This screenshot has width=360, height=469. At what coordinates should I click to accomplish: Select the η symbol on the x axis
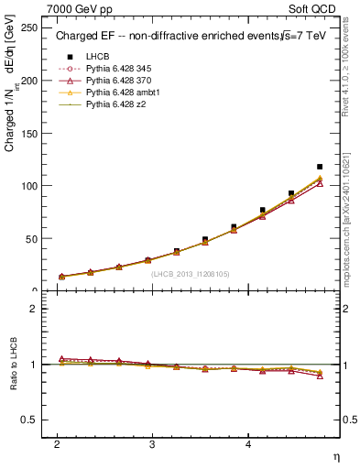pyautogui.click(x=335, y=456)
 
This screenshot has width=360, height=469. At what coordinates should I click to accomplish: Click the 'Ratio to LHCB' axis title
pyautogui.click(x=12, y=364)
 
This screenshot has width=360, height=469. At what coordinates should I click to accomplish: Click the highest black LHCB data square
pyautogui.click(x=320, y=167)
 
